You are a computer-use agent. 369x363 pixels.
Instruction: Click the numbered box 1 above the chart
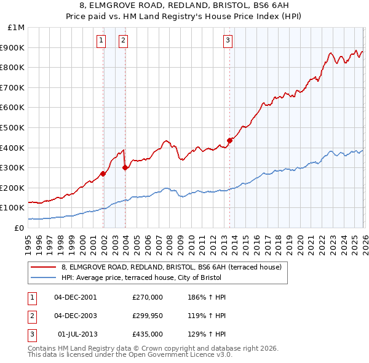pos(101,41)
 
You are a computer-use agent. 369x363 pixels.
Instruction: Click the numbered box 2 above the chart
pos(123,41)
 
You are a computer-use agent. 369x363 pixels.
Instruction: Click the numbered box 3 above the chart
pos(228,41)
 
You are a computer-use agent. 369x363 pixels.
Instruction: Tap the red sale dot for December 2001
pos(103,174)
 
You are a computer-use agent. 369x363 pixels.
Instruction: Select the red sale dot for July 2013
pos(229,140)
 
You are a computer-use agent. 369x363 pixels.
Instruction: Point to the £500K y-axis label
pos(13,127)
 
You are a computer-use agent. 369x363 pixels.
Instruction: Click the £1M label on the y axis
pos(17,28)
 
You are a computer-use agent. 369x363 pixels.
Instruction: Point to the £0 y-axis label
pos(20,228)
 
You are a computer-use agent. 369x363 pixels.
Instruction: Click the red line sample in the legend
pos(44,267)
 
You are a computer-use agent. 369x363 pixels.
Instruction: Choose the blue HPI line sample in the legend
pos(44,277)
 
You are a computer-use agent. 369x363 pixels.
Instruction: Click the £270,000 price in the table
pos(148,297)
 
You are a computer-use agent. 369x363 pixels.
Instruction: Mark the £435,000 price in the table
pos(148,334)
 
